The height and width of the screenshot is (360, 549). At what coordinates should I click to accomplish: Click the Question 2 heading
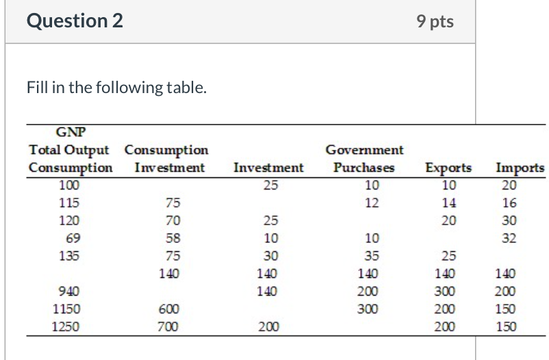tap(75, 21)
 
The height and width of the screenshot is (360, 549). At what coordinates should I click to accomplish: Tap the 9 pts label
tap(435, 22)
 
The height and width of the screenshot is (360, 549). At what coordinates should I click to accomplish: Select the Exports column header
tap(448, 168)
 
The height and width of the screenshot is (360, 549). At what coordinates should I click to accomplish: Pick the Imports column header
tap(520, 168)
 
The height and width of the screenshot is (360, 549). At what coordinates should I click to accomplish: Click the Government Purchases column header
tap(364, 159)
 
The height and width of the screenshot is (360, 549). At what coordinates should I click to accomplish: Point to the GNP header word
tap(71, 133)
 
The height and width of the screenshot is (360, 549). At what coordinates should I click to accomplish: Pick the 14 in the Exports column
tap(448, 203)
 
